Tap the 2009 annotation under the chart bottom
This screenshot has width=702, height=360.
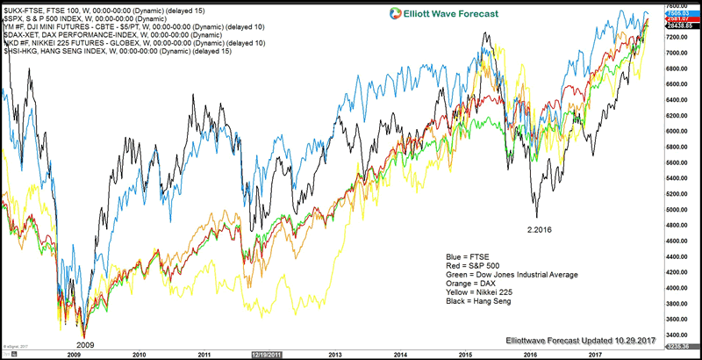click(84, 345)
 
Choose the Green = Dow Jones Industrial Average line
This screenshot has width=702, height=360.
click(512, 275)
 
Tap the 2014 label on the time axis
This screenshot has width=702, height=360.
click(399, 355)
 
